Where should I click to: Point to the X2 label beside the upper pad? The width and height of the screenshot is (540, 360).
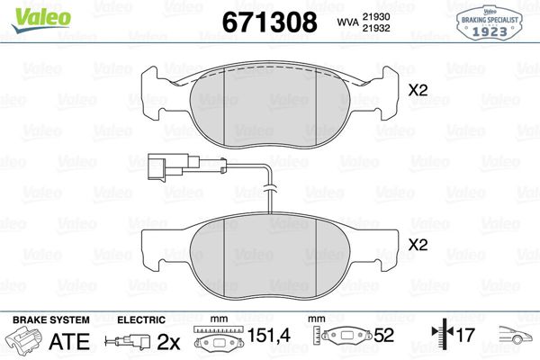click(x=418, y=90)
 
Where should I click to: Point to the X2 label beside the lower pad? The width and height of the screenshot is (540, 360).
click(x=418, y=244)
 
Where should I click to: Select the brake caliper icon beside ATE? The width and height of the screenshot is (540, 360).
click(x=24, y=341)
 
